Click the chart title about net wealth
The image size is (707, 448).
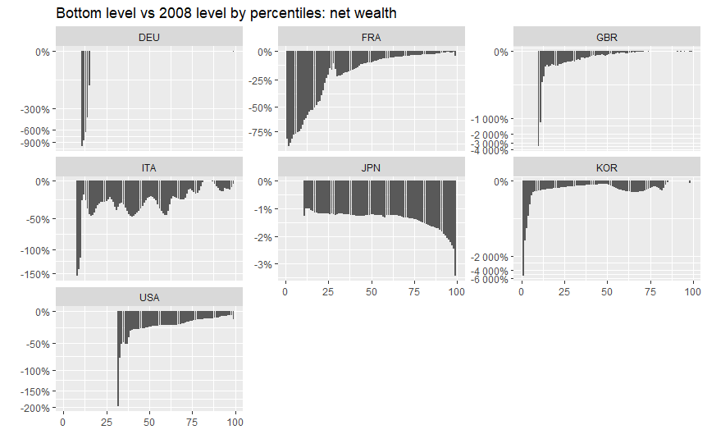click(226, 13)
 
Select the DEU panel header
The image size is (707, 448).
click(149, 38)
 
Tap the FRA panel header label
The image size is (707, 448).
click(371, 38)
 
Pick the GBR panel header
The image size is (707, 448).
click(607, 38)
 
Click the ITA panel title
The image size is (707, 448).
click(149, 168)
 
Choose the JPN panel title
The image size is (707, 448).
click(371, 168)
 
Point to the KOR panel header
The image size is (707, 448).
click(607, 168)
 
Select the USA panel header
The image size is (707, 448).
click(149, 298)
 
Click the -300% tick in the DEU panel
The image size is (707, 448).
click(34, 110)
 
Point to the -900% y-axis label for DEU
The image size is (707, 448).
click(34, 144)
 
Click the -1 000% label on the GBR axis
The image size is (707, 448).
click(489, 120)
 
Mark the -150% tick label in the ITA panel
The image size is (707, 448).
click(34, 275)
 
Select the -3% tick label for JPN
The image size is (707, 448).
click(263, 265)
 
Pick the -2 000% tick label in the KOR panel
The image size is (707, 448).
click(489, 258)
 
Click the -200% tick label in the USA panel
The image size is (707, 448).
click(34, 409)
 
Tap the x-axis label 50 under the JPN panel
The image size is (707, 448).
click(371, 292)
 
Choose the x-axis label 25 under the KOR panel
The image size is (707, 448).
click(564, 292)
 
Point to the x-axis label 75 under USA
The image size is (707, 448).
click(192, 423)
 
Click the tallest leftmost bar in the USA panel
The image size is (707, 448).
click(118, 359)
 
